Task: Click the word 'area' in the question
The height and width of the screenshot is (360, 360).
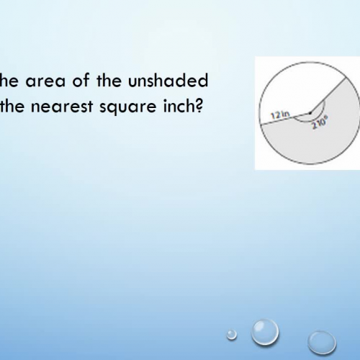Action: pos(42,77)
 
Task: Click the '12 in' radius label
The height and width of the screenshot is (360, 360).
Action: pos(280,114)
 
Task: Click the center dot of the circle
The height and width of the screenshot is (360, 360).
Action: pos(308,113)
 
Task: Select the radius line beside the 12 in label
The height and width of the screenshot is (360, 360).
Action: pos(284,120)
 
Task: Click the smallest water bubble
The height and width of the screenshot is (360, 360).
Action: pos(231,333)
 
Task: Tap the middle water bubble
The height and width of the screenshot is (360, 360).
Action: pos(265,332)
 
